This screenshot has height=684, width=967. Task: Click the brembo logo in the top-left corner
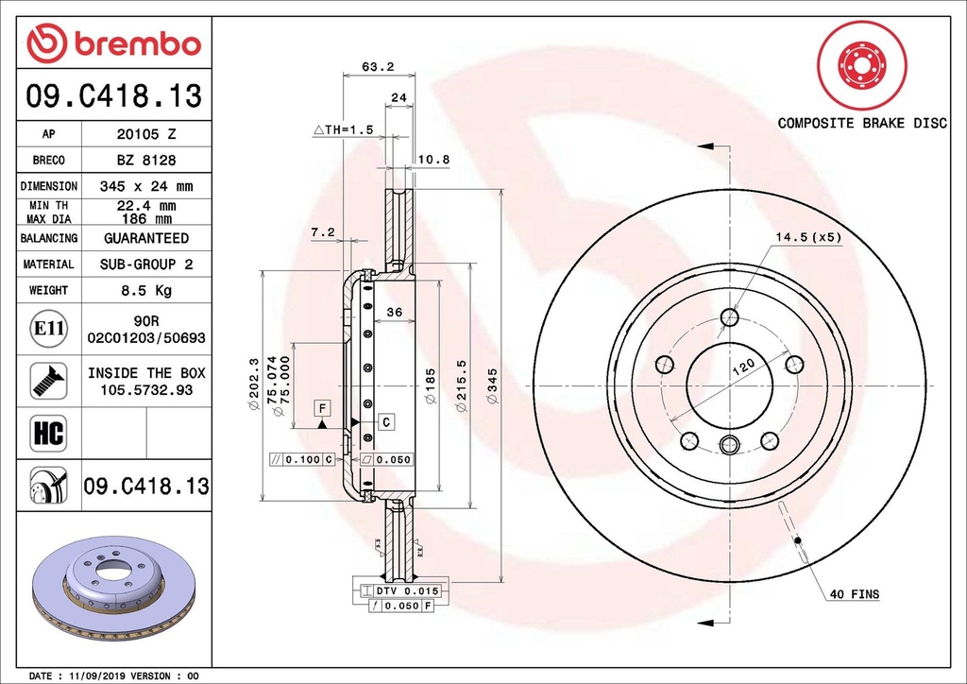[114, 43]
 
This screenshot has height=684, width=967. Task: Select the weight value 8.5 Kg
[146, 290]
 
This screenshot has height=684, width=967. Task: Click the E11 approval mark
[49, 328]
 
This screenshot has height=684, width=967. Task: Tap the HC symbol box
[49, 433]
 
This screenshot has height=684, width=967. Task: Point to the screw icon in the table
[49, 381]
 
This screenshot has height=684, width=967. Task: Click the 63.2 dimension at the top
[378, 67]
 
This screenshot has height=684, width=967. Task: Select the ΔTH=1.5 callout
[344, 129]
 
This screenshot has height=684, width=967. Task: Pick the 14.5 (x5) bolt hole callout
[808, 237]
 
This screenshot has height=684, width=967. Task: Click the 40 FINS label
[855, 594]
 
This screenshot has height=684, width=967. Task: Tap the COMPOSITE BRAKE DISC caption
[862, 123]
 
